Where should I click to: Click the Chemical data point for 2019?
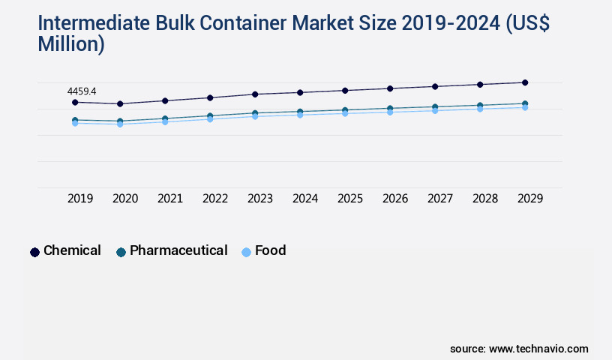(x=75, y=102)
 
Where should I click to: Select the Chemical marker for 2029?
(x=525, y=82)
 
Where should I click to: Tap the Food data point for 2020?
(x=120, y=124)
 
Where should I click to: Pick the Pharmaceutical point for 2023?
(x=255, y=113)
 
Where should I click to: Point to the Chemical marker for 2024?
(x=300, y=92)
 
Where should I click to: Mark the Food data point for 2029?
(x=525, y=107)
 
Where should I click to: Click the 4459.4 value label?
(x=82, y=91)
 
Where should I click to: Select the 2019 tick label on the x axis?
(x=80, y=199)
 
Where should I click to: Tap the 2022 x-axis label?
(x=215, y=199)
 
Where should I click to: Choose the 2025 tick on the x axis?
(x=350, y=199)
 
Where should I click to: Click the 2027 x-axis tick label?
(x=440, y=199)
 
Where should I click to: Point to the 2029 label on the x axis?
(x=530, y=199)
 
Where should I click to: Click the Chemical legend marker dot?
(x=34, y=252)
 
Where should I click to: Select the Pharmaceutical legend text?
(x=178, y=250)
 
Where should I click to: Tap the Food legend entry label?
(x=270, y=250)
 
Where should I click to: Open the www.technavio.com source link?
(x=538, y=349)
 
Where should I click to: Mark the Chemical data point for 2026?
(x=390, y=88)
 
